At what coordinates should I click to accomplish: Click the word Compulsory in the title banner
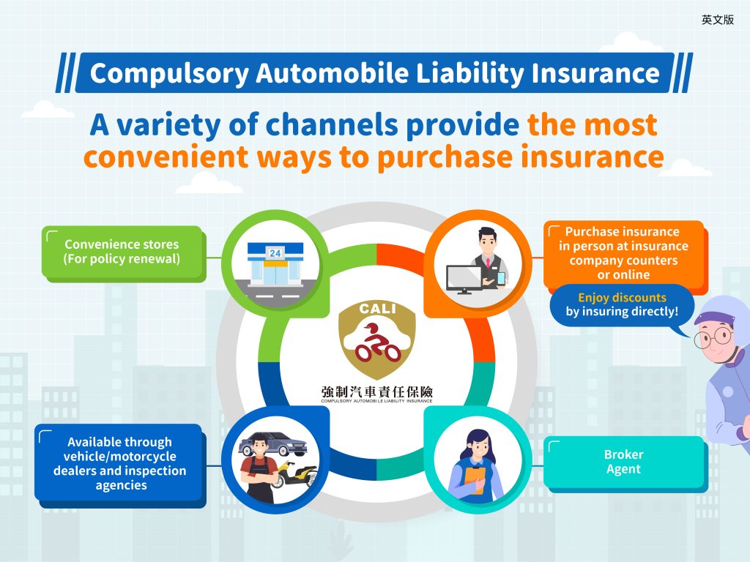[169, 74]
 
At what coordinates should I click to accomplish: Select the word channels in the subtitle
[331, 124]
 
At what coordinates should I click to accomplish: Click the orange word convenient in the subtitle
[166, 157]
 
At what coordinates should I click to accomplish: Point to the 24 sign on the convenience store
[275, 252]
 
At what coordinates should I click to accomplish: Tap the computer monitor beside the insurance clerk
[464, 279]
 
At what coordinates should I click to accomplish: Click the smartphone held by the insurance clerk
[501, 278]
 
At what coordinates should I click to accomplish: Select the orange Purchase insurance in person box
[624, 253]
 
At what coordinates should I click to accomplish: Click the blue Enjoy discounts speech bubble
[622, 305]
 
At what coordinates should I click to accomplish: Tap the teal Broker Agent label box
[624, 462]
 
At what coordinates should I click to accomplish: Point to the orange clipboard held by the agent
[475, 480]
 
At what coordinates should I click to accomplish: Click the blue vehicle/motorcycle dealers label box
[119, 463]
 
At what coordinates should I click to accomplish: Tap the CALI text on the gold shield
[377, 310]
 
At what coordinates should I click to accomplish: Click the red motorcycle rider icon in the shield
[377, 342]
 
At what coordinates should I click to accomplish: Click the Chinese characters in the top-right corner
[718, 20]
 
